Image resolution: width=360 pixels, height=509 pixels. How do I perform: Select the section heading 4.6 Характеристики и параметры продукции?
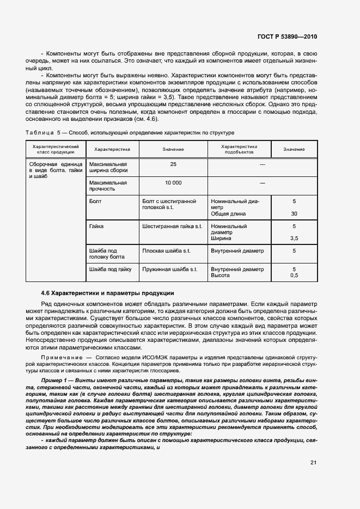(107, 293)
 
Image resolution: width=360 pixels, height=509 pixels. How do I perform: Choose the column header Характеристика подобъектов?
(239, 149)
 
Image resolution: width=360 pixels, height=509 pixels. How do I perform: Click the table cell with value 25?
(173, 164)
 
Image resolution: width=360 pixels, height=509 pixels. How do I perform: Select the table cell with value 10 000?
(173, 182)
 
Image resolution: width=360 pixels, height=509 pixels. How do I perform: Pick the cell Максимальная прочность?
(108, 186)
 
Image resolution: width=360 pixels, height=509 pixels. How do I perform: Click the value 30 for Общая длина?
(294, 213)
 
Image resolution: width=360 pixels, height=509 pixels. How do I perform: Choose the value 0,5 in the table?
(294, 275)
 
